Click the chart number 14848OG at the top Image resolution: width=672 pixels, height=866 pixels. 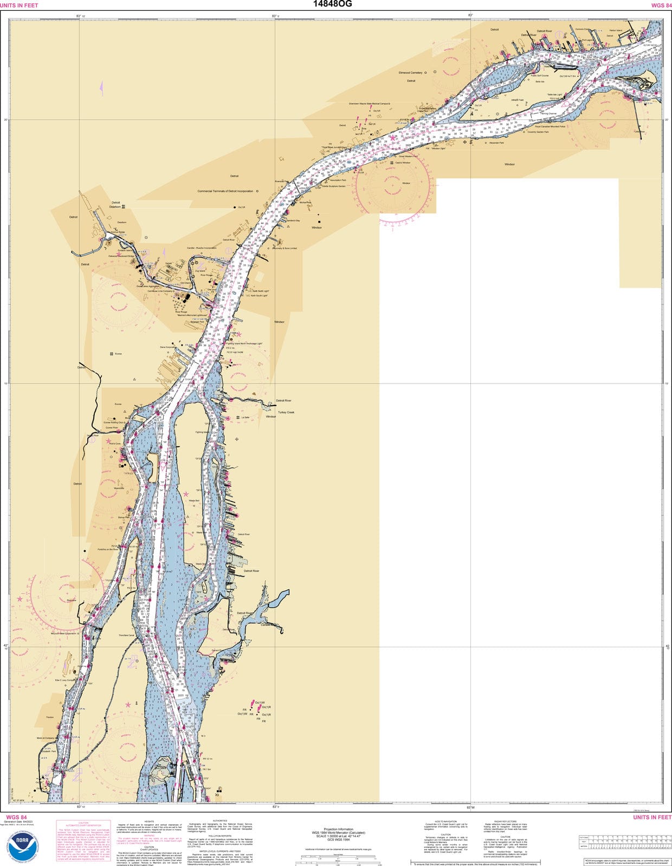tap(332, 4)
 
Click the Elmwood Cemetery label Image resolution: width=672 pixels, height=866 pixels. tap(410, 72)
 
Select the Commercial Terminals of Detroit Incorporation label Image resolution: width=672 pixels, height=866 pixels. tap(225, 191)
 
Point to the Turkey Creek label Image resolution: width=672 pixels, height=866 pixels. tap(286, 412)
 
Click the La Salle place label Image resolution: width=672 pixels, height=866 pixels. tap(245, 417)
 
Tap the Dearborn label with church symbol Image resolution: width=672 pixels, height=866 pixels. tap(115, 207)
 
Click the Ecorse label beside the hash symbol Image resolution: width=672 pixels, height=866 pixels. tap(118, 354)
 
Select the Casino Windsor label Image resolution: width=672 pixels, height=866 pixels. tap(403, 162)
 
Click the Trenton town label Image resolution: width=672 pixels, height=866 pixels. tap(50, 717)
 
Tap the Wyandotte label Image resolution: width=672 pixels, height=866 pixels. tap(118, 488)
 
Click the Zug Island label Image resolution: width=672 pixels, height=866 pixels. tap(200, 271)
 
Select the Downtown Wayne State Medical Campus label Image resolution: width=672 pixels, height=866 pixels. tap(369, 103)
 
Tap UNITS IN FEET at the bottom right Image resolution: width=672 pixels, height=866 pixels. tap(652, 817)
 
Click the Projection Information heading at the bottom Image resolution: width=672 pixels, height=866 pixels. tap(338, 829)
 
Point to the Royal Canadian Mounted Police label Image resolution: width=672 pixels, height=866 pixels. tap(550, 126)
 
